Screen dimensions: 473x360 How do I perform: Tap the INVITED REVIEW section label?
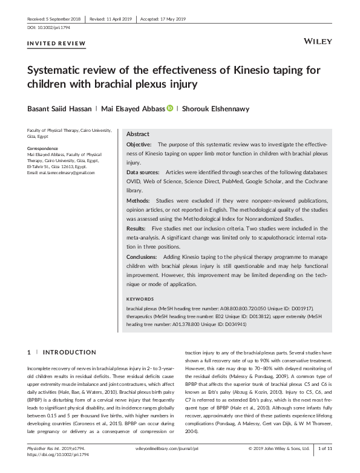57,44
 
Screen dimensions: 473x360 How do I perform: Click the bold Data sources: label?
143,172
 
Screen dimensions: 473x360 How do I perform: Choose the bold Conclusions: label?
143,256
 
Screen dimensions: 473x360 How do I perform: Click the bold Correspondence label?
43,148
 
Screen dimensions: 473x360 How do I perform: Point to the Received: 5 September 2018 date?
54,19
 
